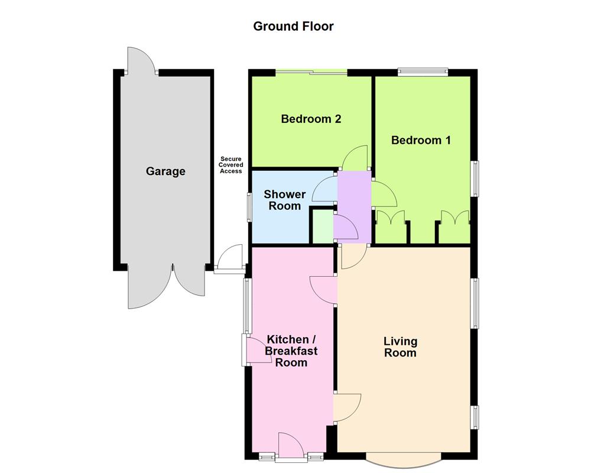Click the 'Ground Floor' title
(x=293, y=26)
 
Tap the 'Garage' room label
(x=165, y=171)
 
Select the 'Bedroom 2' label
(x=311, y=119)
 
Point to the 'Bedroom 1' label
(x=421, y=140)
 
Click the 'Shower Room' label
(x=285, y=200)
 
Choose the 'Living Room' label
(x=400, y=347)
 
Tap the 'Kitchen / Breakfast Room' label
(x=291, y=351)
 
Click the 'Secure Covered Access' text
(x=231, y=165)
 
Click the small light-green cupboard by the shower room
(x=322, y=226)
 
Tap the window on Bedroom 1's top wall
(x=423, y=72)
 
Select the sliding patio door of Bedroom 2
(x=311, y=73)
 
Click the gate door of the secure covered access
(x=230, y=260)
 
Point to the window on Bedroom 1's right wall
(x=474, y=178)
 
